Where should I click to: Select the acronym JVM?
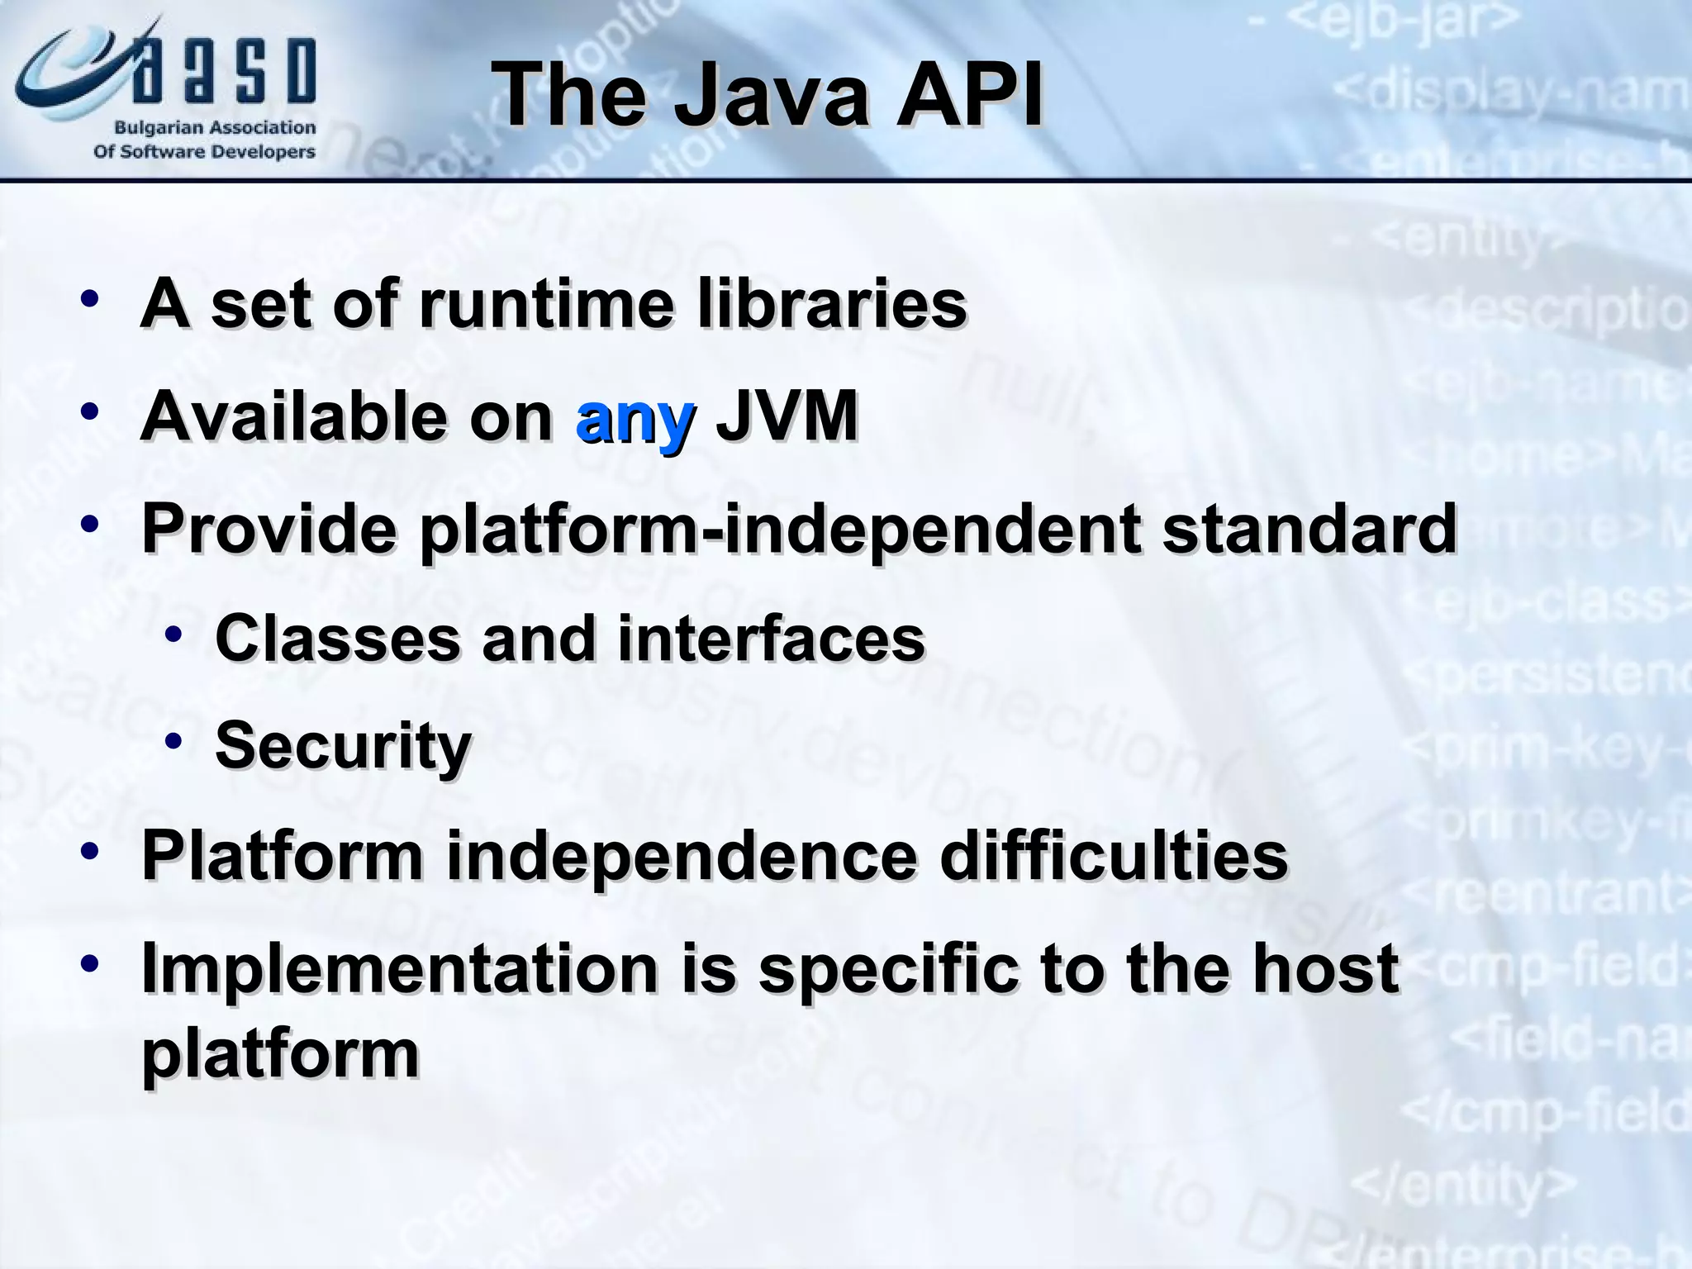(787, 416)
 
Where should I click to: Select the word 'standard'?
(1309, 528)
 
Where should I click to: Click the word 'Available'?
(293, 416)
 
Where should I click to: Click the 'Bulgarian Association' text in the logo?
(215, 128)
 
